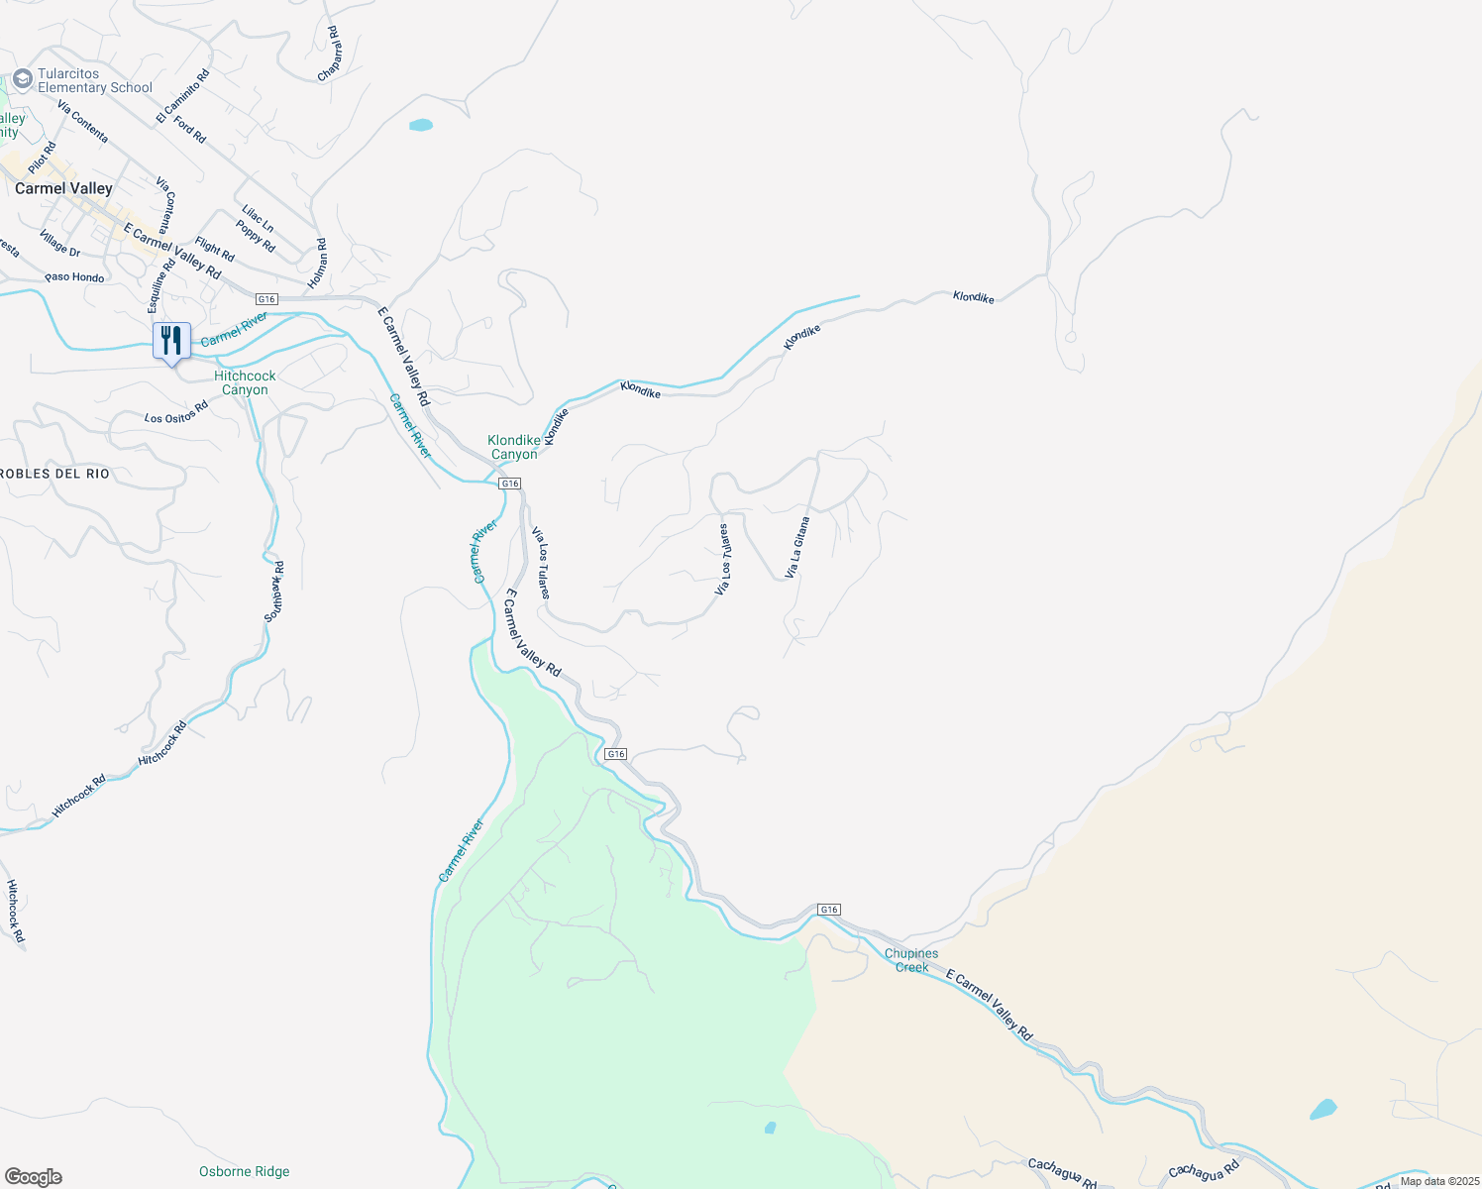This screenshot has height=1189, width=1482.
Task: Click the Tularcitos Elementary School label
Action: [x=95, y=80]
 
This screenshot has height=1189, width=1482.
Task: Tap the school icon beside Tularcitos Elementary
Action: [x=23, y=79]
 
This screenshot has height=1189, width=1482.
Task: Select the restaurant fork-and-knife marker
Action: [x=171, y=341]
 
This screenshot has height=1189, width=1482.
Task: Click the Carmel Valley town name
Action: [x=63, y=188]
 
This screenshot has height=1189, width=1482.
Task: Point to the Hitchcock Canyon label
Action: [x=245, y=382]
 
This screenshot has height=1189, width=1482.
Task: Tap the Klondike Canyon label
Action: [x=514, y=447]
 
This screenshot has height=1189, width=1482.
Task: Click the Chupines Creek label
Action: [x=911, y=960]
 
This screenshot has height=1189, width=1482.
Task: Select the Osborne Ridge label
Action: [x=244, y=1171]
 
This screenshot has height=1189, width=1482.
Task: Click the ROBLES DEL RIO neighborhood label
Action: [x=54, y=474]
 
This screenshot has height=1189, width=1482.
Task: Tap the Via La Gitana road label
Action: [x=797, y=547]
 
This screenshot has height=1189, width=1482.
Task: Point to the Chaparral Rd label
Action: [x=330, y=54]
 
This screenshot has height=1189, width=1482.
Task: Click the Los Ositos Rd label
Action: [x=176, y=412]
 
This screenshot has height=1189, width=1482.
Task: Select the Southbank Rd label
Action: [x=274, y=592]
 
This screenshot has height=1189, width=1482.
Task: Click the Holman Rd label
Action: [x=317, y=264]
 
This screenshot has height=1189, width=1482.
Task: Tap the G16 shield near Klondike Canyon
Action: [x=509, y=484]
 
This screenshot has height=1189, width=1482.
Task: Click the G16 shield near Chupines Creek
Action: [x=829, y=910]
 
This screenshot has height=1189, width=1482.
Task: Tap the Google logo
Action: [x=34, y=1177]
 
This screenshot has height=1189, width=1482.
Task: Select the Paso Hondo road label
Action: [x=74, y=277]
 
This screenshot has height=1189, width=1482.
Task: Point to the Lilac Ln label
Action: [x=258, y=219]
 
